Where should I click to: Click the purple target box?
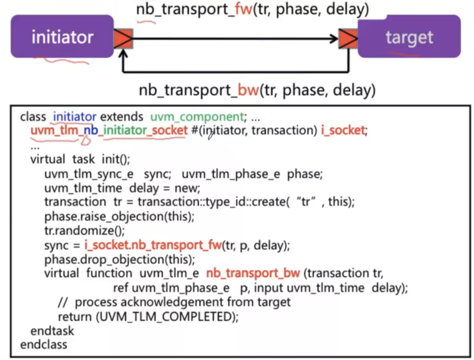pos(409,37)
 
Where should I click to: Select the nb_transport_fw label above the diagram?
pos(252,9)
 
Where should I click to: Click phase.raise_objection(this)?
pos(119,217)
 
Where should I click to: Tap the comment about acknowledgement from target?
pos(174,302)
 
